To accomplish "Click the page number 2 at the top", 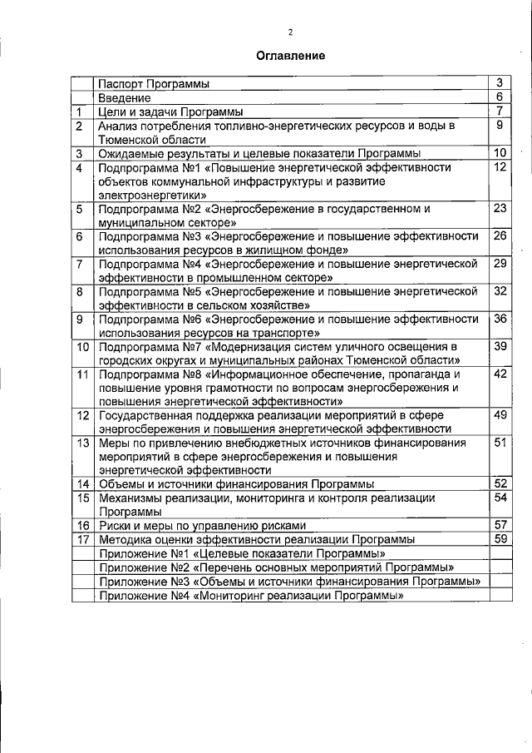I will tap(290, 32).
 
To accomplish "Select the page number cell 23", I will tap(500, 208).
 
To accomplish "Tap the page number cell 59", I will tap(500, 538).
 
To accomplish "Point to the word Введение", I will tap(121, 97).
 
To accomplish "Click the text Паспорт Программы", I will tap(153, 83).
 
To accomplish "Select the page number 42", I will tap(500, 374).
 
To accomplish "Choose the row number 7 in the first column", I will tap(80, 264).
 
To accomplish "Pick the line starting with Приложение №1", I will tap(241, 552).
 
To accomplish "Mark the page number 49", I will tap(500, 414).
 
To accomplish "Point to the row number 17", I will tap(82, 539).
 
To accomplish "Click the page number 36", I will tap(500, 319).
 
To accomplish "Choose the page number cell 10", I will tap(500, 152).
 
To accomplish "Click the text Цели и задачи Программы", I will tap(170, 111).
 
